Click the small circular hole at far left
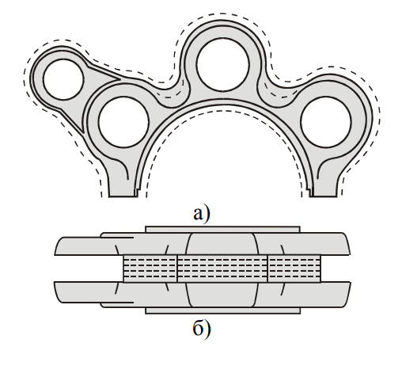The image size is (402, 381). point(63,79)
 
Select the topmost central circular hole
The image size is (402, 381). point(223,65)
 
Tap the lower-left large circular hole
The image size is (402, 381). point(123,122)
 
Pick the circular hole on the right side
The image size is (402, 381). point(326,122)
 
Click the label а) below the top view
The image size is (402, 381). point(202,214)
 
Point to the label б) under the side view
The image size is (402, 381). point(202,327)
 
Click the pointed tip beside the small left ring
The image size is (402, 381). point(120,78)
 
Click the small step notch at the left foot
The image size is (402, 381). point(137,192)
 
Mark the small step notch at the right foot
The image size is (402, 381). point(311,192)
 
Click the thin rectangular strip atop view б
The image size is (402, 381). point(222,230)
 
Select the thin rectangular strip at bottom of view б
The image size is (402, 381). point(223,311)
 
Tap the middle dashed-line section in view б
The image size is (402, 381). point(222,269)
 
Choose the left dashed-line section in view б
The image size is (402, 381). point(150,269)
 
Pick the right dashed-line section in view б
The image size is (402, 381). point(294,269)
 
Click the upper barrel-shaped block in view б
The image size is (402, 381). point(222,244)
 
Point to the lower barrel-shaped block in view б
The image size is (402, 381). point(222,295)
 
